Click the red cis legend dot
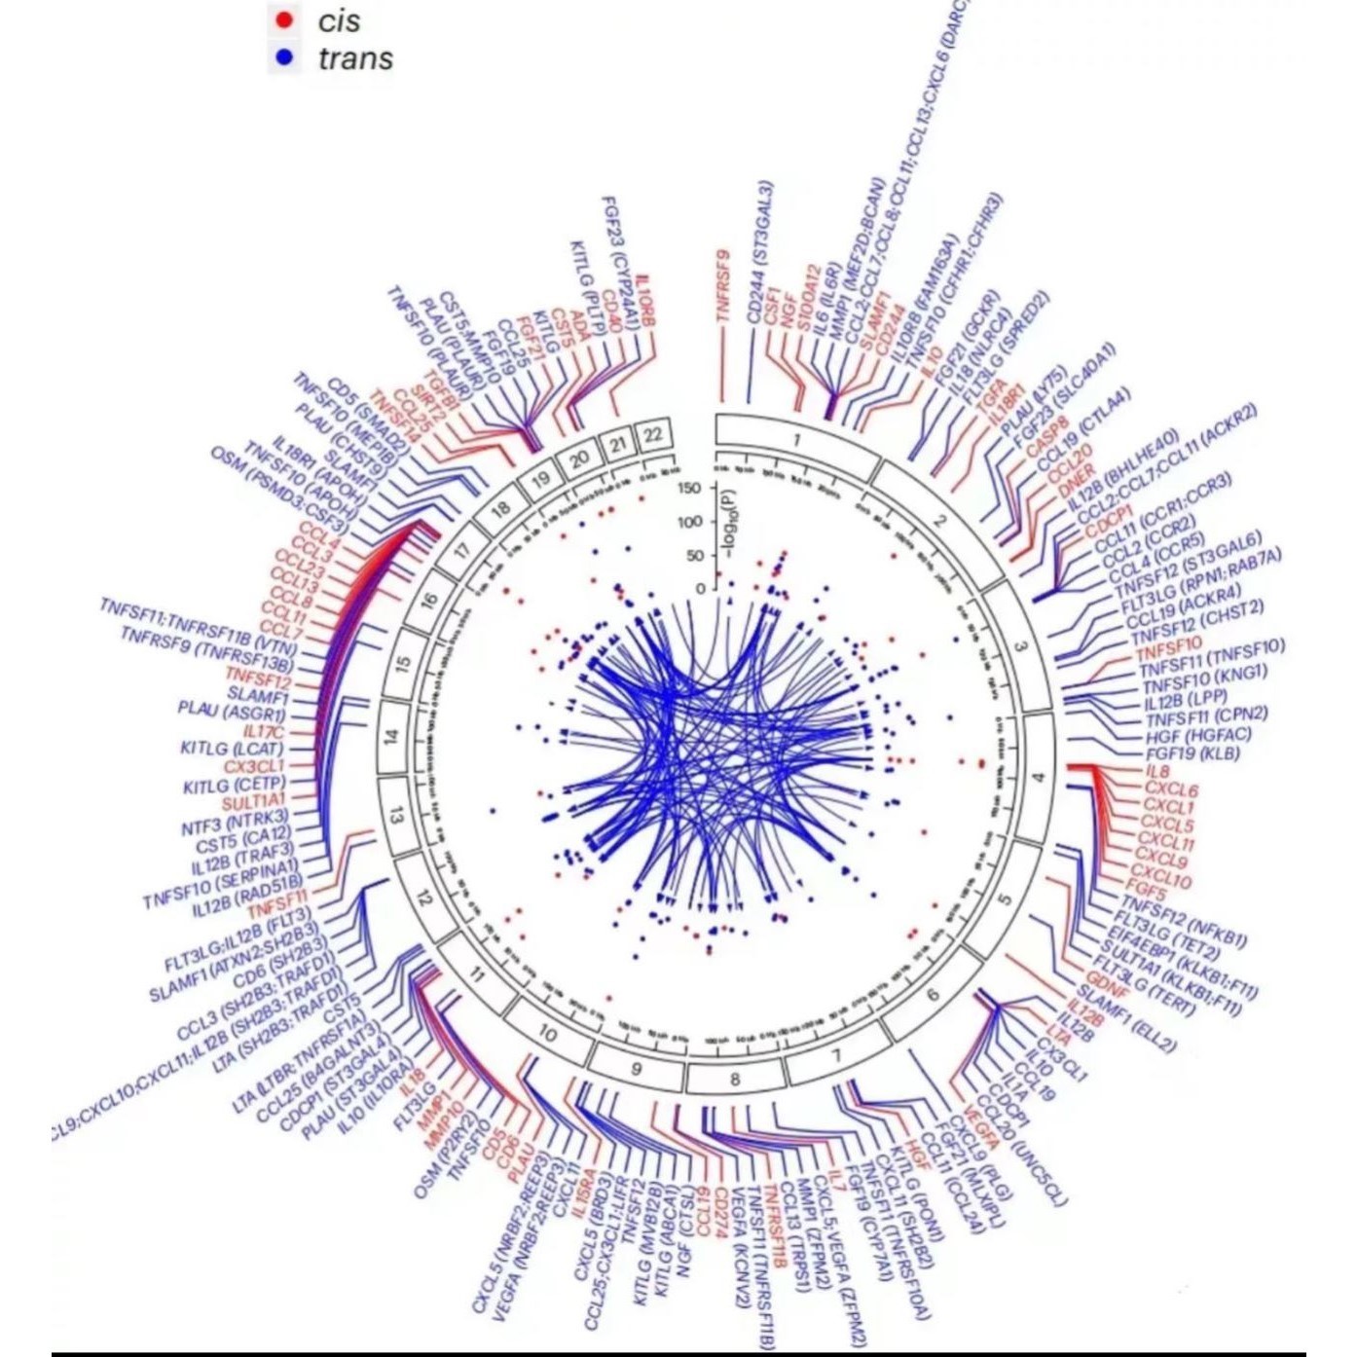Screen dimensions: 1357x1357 pyautogui.click(x=283, y=20)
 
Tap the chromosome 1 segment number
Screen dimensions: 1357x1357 pyautogui.click(x=796, y=441)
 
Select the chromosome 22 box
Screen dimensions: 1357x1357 pyautogui.click(x=652, y=433)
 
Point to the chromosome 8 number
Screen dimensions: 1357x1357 pyautogui.click(x=735, y=1079)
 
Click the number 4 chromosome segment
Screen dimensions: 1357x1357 pyautogui.click(x=1039, y=777)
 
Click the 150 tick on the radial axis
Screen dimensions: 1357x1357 pyautogui.click(x=689, y=488)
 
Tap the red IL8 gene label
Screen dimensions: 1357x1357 pyautogui.click(x=1157, y=772)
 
